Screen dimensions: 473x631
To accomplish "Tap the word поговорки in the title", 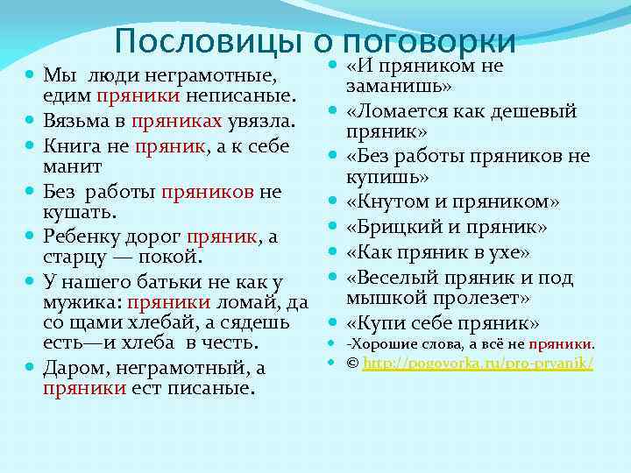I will [430, 41].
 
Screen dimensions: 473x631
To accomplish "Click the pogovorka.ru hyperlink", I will [478, 362].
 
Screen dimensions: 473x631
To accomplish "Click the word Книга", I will [71, 143].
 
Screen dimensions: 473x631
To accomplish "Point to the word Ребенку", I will [82, 236].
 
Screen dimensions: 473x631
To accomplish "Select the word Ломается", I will [402, 112].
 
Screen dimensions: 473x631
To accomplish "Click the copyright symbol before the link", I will [352, 362].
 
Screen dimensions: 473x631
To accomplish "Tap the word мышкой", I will [385, 298].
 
